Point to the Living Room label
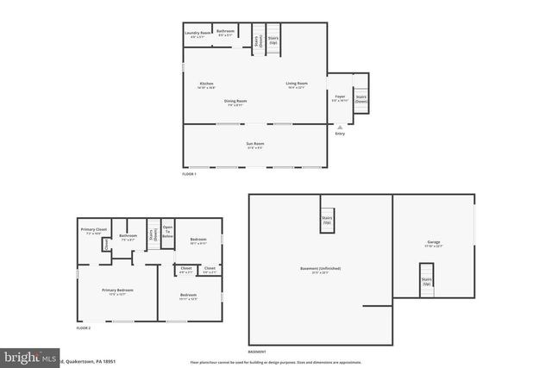(297, 84)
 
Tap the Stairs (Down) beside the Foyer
(361, 99)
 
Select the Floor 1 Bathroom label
(226, 32)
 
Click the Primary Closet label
(94, 230)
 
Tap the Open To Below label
(168, 232)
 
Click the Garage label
(434, 243)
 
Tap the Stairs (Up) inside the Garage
(426, 281)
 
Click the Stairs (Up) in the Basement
(327, 219)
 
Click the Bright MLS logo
(30, 357)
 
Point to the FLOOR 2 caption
(84, 328)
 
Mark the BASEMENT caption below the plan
(257, 352)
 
